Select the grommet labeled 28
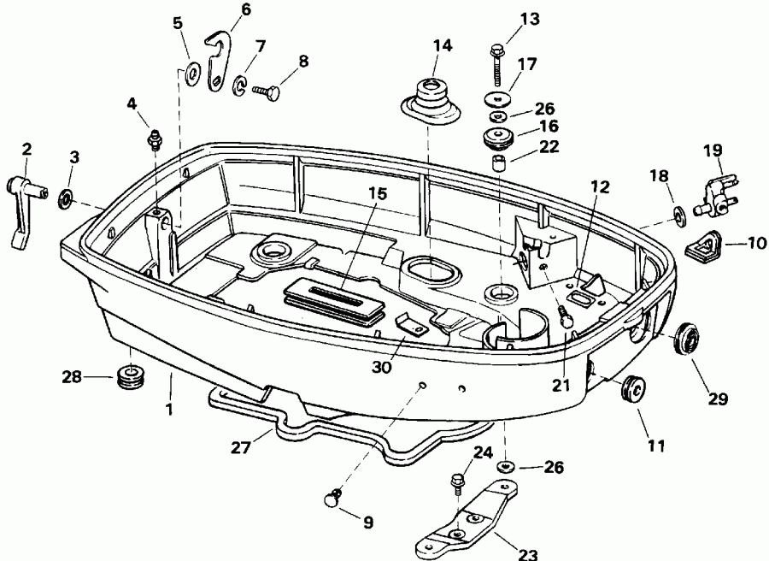point(130,377)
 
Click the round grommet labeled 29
point(686,340)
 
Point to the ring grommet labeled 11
point(633,389)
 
